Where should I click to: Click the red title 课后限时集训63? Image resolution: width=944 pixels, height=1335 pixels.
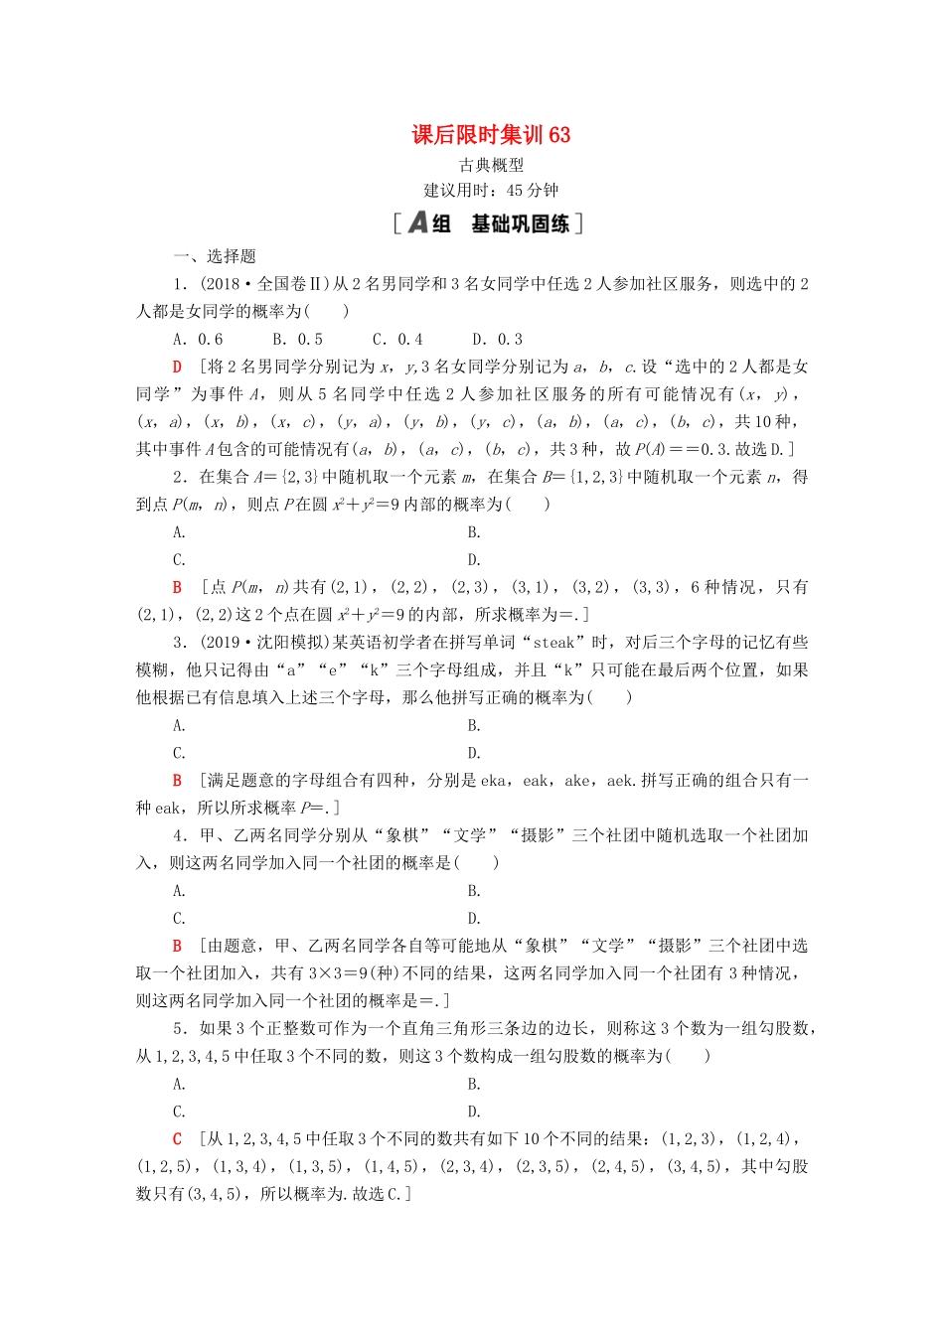[x=491, y=135]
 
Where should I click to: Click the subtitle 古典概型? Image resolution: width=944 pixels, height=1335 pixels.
[x=491, y=165]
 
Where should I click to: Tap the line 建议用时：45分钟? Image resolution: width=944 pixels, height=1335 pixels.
[x=491, y=191]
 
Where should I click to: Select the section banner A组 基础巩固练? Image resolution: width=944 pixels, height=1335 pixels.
[x=488, y=223]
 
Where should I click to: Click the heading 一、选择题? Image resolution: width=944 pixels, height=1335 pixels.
[x=215, y=256]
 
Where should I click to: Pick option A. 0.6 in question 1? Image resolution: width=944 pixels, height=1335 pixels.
[x=198, y=340]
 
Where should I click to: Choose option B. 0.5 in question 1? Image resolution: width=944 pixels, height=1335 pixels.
[x=298, y=340]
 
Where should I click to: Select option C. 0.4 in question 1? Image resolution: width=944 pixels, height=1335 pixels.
[x=397, y=340]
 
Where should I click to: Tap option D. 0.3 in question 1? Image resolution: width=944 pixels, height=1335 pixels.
[x=497, y=340]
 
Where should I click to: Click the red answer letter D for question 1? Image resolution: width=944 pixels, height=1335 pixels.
[x=178, y=368]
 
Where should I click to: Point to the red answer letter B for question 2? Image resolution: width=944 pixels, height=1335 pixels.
[x=178, y=588]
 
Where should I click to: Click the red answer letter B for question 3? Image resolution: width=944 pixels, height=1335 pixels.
[x=178, y=781]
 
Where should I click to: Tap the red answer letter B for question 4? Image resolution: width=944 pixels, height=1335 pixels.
[x=178, y=947]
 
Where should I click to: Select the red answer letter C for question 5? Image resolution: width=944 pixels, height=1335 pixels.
[x=178, y=1139]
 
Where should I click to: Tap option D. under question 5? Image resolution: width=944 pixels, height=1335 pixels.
[x=474, y=1112]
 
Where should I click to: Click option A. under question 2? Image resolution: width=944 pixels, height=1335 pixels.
[x=179, y=532]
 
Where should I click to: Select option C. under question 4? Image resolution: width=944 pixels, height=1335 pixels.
[x=179, y=919]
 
